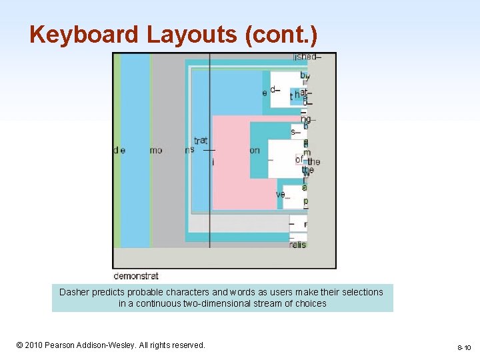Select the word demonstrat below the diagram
click(136, 275)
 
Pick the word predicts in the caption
click(109, 292)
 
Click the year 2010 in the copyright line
click(34, 345)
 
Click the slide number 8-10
click(464, 347)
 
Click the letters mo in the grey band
click(156, 150)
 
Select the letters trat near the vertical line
click(201, 140)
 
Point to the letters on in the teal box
click(255, 150)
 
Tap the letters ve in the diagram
click(281, 194)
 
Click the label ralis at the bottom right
click(297, 245)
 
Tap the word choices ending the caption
click(311, 303)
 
